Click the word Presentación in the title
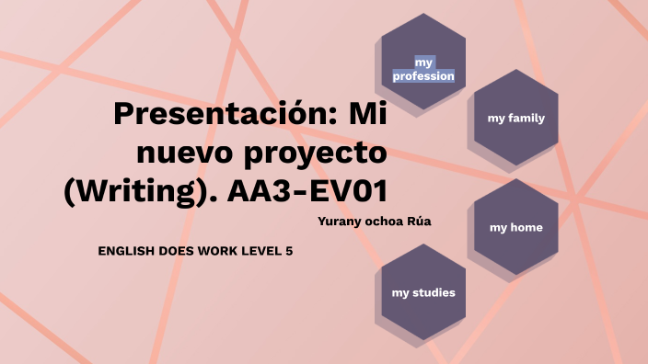222,117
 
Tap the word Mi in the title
366,117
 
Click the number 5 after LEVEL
289,251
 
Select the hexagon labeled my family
515,118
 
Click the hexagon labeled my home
515,227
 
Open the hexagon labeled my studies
423,292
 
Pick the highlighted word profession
423,76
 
